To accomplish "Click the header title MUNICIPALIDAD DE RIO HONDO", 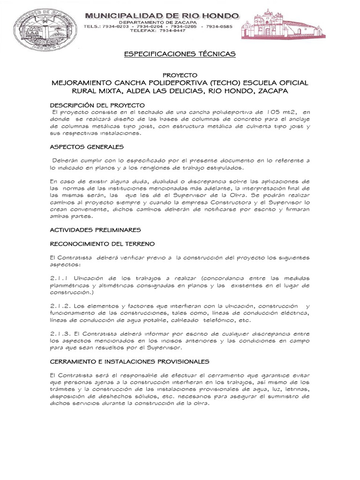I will tap(162, 16).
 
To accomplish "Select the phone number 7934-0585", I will tap(219, 27).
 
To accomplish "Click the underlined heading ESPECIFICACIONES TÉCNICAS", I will tap(180, 54).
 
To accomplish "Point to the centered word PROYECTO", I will tap(180, 75).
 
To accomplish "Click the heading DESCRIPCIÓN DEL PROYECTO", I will tap(97, 105).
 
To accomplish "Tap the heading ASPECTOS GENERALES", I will tap(86, 146).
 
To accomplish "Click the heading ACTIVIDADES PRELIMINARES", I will tap(95, 230).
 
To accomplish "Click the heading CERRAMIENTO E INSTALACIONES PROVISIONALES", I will tap(129, 361).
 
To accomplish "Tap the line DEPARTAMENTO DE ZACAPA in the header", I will tap(162, 22).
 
